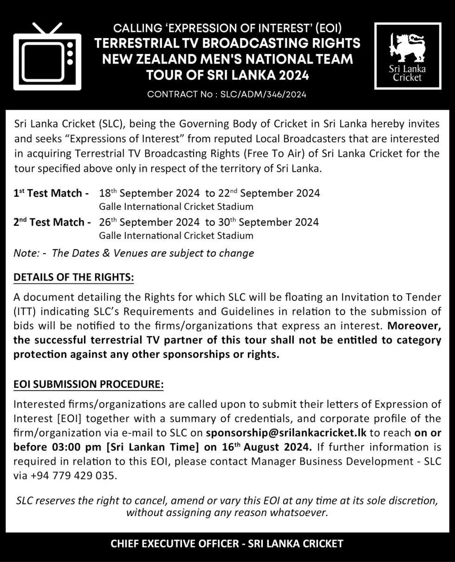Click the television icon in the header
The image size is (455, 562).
(47, 57)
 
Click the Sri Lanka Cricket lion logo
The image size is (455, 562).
(407, 56)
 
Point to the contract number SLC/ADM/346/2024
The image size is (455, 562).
(227, 94)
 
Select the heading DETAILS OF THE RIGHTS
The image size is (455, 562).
(73, 277)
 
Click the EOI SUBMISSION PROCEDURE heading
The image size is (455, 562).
(88, 385)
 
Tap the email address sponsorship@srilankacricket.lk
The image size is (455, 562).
(286, 433)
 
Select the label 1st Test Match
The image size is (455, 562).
(51, 193)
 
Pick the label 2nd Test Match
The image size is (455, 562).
(52, 222)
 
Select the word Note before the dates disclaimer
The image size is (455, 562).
(26, 253)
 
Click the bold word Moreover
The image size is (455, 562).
(414, 325)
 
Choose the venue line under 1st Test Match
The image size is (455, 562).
(176, 207)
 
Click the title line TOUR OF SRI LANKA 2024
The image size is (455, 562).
(227, 75)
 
